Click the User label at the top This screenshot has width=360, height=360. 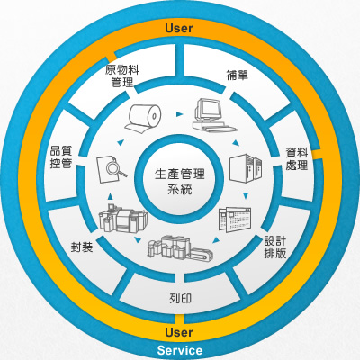pyautogui.click(x=179, y=28)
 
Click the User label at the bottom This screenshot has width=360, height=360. pyautogui.click(x=179, y=332)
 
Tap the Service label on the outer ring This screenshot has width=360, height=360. pyautogui.click(x=180, y=350)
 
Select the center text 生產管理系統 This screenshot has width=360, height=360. pyautogui.click(x=180, y=182)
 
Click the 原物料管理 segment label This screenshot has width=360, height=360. pyautogui.click(x=122, y=76)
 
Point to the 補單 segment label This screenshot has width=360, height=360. pyautogui.click(x=238, y=75)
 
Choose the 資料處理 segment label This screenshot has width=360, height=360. pyautogui.click(x=297, y=158)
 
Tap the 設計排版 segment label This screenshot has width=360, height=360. pyautogui.click(x=274, y=247)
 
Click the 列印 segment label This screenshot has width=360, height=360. pyautogui.click(x=180, y=299)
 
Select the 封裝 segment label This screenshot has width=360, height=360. pyautogui.click(x=82, y=247)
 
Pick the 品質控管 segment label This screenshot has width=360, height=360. pyautogui.click(x=61, y=157)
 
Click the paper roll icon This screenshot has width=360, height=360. pyautogui.click(x=143, y=118)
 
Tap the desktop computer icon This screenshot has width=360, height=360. pyautogui.click(x=213, y=115)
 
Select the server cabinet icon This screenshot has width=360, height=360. pyautogui.click(x=246, y=168)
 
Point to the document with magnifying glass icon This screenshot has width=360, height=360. pyautogui.click(x=111, y=168)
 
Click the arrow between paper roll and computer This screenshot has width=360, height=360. pyautogui.click(x=179, y=114)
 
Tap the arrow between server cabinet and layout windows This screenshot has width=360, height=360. pyautogui.click(x=246, y=196)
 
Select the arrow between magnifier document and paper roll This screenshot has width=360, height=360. pyautogui.click(x=121, y=142)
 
